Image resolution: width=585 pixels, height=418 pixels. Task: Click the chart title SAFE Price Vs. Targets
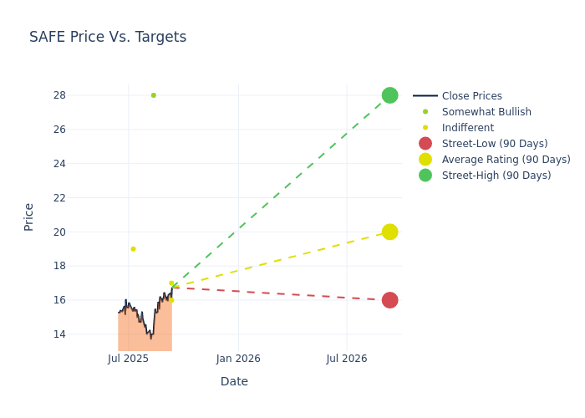(108, 37)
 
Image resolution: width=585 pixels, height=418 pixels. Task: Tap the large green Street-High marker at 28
(389, 95)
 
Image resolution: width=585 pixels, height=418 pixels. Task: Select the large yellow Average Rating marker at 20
(389, 232)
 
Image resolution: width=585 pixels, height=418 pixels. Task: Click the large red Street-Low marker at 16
(389, 300)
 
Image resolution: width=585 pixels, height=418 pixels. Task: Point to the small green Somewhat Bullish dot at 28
(154, 95)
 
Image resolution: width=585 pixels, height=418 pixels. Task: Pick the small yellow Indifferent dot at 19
(133, 249)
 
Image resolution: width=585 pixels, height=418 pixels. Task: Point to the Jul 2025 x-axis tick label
(129, 359)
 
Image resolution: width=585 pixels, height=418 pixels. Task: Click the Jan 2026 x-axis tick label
(238, 359)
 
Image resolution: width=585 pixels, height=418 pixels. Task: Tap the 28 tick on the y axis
(59, 95)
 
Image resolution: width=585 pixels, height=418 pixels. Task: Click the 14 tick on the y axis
(59, 334)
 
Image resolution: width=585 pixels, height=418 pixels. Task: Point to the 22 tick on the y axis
(59, 198)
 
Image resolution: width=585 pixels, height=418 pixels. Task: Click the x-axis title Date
(234, 382)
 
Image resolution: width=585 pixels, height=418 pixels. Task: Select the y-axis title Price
(29, 217)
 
